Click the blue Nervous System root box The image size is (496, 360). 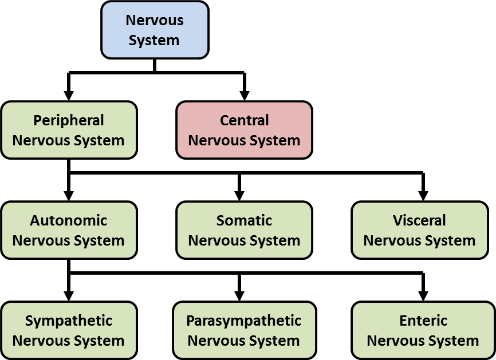[154, 30]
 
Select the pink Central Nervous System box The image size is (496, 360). [244, 130]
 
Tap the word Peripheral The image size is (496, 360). [69, 120]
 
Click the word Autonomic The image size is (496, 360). [69, 220]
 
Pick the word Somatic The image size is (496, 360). [244, 220]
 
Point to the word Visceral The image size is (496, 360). [419, 220]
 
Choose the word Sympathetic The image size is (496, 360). [69, 321]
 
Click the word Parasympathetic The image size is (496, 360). [243, 321]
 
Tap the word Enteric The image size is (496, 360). [423, 321]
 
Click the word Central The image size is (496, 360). [244, 120]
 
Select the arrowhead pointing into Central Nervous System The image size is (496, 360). [245, 95]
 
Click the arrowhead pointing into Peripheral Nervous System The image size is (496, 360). [69, 95]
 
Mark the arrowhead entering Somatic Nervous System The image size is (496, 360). [239, 195]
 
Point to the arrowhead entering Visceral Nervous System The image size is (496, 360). [423, 195]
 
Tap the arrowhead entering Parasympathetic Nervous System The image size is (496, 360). [239, 295]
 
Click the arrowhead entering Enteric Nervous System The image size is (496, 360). [423, 295]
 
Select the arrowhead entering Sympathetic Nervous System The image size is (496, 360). [69, 295]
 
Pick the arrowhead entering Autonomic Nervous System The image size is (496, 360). [69, 195]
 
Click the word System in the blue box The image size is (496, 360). [154, 41]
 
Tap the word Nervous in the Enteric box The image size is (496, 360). [393, 341]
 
